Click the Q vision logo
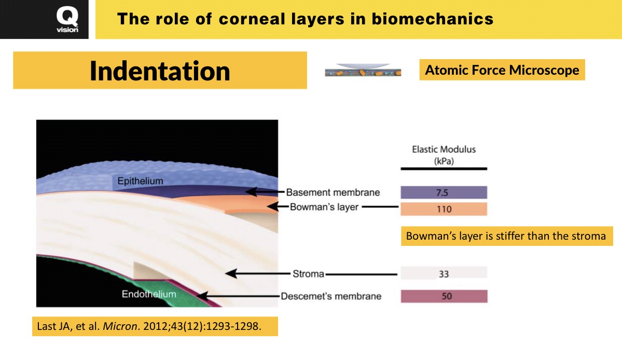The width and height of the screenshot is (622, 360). click(x=67, y=20)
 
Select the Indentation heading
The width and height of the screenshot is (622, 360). click(x=160, y=71)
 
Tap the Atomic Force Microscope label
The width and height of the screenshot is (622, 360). click(x=502, y=70)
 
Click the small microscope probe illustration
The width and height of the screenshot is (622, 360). click(x=363, y=71)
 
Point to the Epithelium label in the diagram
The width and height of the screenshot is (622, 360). click(x=140, y=181)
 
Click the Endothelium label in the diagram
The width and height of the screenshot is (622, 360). click(x=149, y=294)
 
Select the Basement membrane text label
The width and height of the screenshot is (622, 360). click(x=333, y=192)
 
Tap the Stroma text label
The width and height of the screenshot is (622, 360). click(x=308, y=273)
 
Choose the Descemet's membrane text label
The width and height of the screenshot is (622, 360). click(x=331, y=296)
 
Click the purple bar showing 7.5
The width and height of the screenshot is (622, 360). click(x=444, y=192)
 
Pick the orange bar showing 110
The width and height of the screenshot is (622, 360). click(x=444, y=209)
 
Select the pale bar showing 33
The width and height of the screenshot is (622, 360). click(x=444, y=273)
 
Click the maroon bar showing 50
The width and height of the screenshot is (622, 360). click(x=444, y=296)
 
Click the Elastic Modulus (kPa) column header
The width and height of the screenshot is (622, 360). click(x=444, y=155)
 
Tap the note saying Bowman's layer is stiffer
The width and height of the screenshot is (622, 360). click(x=506, y=236)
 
